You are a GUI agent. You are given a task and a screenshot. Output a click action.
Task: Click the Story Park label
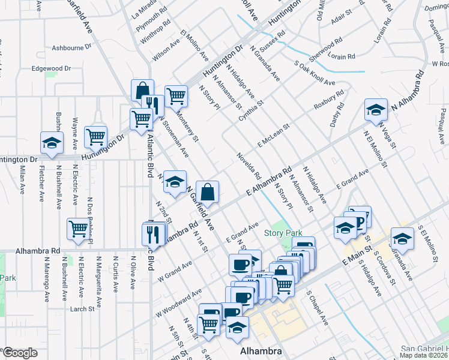point(283,233)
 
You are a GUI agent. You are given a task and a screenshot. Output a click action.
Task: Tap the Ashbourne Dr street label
point(71,46)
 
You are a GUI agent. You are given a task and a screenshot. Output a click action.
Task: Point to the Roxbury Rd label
point(329,100)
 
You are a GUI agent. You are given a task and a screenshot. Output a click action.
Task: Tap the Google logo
point(20,353)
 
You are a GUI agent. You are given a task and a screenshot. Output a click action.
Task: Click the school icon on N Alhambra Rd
point(376,110)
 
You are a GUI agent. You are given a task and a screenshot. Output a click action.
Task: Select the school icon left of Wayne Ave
point(52,143)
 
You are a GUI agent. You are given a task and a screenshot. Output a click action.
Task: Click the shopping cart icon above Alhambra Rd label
point(79,228)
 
